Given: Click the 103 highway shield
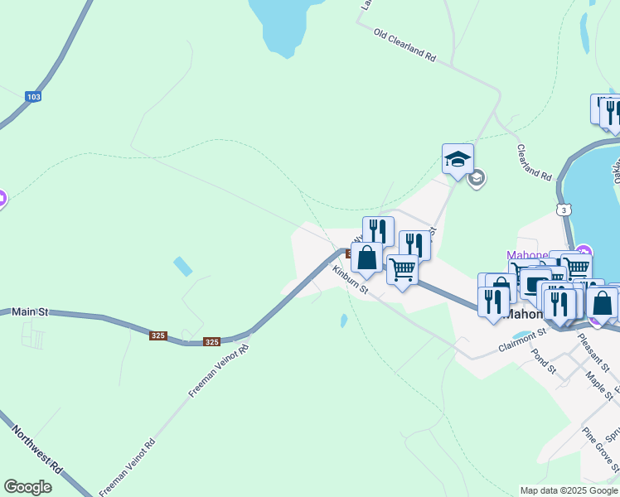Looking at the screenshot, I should [32, 97].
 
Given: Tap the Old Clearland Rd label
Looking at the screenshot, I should [404, 46].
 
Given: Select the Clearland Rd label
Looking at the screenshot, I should [534, 163].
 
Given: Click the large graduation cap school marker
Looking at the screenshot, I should [458, 159].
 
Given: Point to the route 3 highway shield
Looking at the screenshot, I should [564, 210].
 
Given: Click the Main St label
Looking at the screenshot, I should [31, 311].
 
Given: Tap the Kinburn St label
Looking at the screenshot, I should [350, 279].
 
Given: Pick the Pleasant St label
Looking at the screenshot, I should [593, 352].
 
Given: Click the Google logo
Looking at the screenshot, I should [27, 487].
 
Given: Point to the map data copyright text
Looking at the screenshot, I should [569, 490].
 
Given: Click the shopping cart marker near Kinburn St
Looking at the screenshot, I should [402, 269].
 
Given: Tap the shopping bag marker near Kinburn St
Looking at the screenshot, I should [366, 258].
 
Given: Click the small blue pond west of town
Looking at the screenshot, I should [183, 267].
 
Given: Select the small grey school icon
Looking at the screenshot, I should [476, 178].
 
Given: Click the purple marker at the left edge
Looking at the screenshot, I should [2, 198].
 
